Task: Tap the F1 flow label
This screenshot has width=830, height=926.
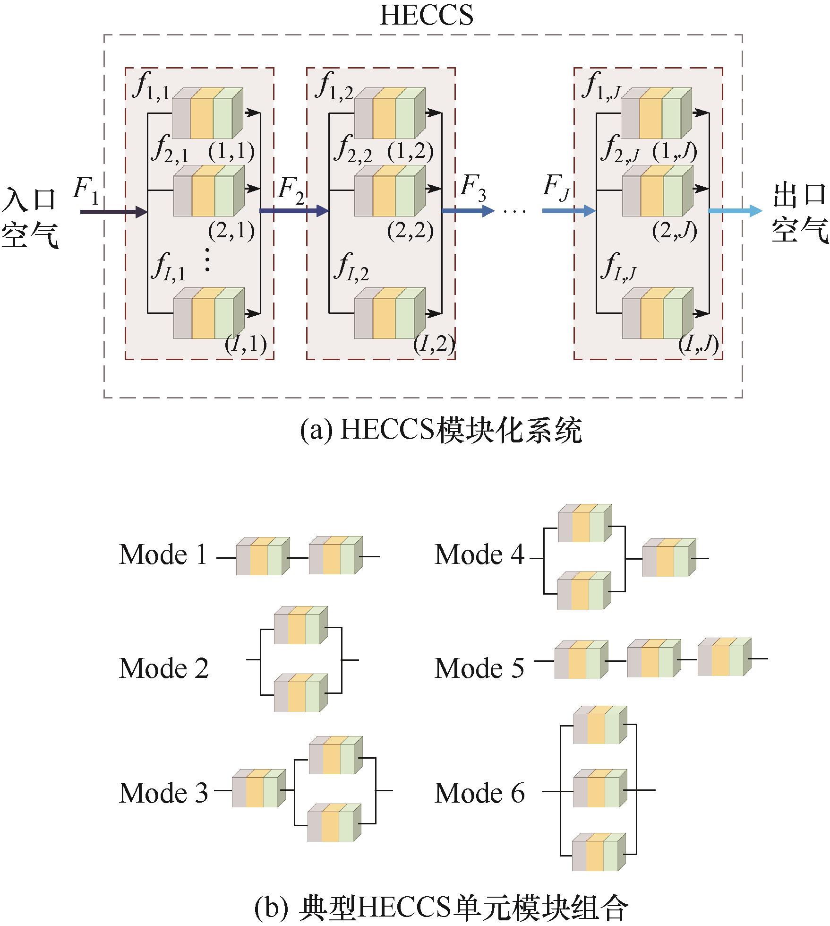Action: pos(86,190)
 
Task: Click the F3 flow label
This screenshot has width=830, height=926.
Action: pos(473,188)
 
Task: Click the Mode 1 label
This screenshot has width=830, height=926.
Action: pos(163,554)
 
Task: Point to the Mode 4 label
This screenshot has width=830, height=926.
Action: pos(479,554)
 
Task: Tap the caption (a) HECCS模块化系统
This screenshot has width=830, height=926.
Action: pos(441,431)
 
